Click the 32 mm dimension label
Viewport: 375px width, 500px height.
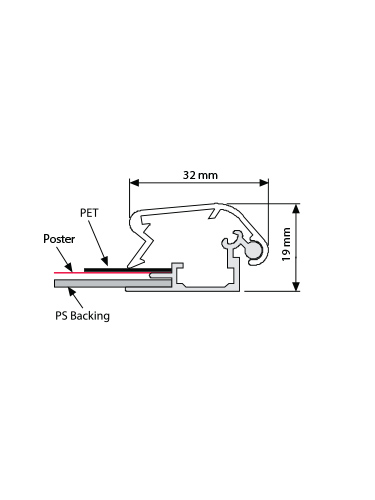point(200,175)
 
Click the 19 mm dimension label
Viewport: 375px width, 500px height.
point(286,244)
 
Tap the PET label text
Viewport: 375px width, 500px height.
point(89,213)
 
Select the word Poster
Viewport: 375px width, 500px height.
point(59,239)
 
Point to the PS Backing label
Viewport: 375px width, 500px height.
point(82,315)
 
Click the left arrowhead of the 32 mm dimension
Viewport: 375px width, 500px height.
point(134,183)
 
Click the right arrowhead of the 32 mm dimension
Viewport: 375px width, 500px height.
point(264,183)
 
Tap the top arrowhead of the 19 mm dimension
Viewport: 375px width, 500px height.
point(296,209)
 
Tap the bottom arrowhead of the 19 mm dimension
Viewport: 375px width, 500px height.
point(296,286)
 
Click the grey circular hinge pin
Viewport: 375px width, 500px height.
point(255,250)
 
